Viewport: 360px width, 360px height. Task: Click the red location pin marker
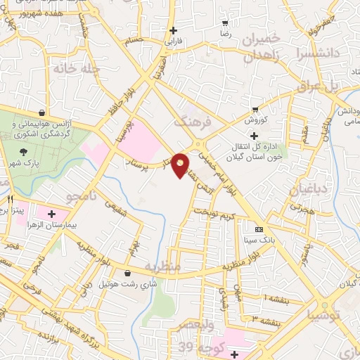181,165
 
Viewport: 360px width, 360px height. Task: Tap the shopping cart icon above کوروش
255,110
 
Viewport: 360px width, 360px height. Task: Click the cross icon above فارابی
173,30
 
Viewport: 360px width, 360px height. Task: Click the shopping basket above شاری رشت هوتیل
127,274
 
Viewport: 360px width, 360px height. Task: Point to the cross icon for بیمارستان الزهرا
52,213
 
